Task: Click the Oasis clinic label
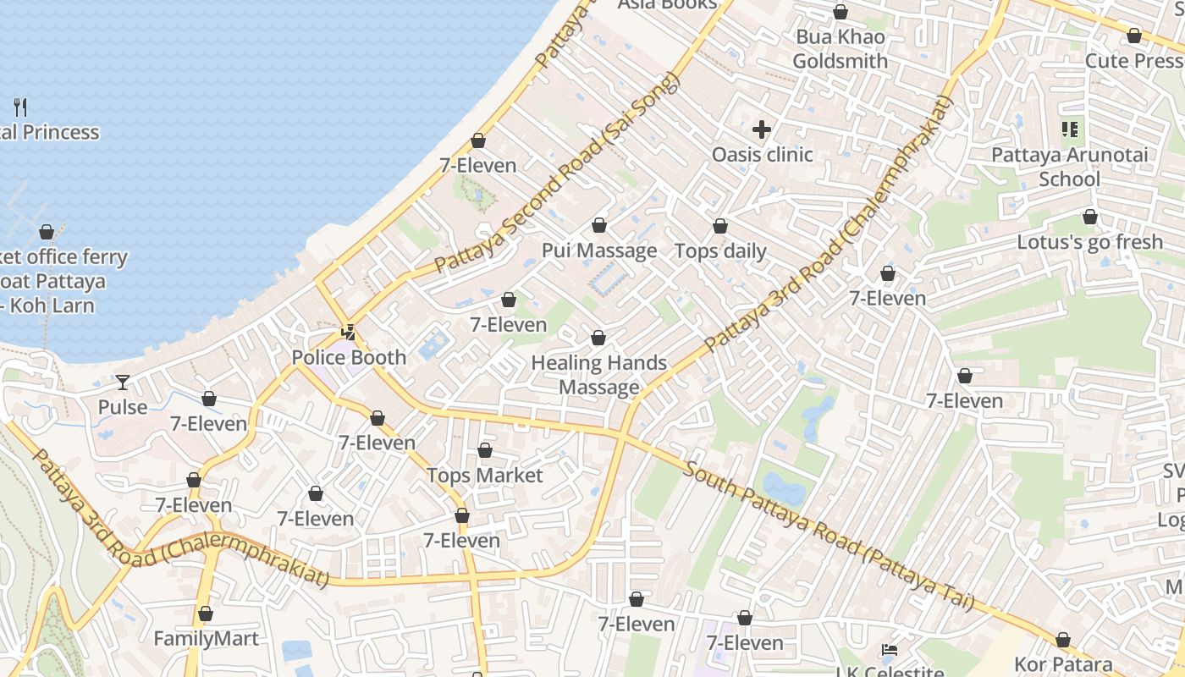(x=762, y=155)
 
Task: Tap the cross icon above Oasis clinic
(x=762, y=129)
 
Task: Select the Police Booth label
(x=349, y=357)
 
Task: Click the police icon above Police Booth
(x=348, y=332)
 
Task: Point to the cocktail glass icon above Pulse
(x=123, y=383)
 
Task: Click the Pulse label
(x=123, y=407)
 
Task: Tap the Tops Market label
(x=484, y=475)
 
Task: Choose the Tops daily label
(x=719, y=251)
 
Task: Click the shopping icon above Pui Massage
(x=599, y=225)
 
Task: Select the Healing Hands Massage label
(x=599, y=375)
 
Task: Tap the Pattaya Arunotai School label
(x=1069, y=167)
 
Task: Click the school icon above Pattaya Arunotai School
(x=1069, y=129)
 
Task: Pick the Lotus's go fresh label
(x=1089, y=242)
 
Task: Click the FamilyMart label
(x=206, y=638)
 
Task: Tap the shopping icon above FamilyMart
(x=205, y=614)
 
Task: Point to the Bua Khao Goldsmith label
(x=840, y=49)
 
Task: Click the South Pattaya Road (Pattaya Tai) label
(x=829, y=535)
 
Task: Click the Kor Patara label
(x=1062, y=664)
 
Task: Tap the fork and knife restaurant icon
(x=21, y=107)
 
